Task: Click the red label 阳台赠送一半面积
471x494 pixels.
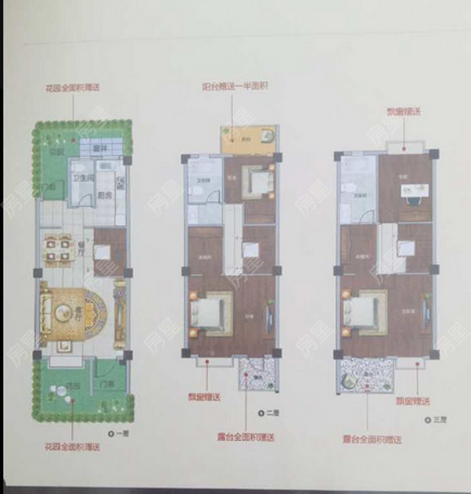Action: [234, 86]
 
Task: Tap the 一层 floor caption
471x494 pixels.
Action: [118, 433]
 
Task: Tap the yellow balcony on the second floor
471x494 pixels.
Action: [248, 140]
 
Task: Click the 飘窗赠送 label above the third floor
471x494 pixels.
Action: [404, 112]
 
